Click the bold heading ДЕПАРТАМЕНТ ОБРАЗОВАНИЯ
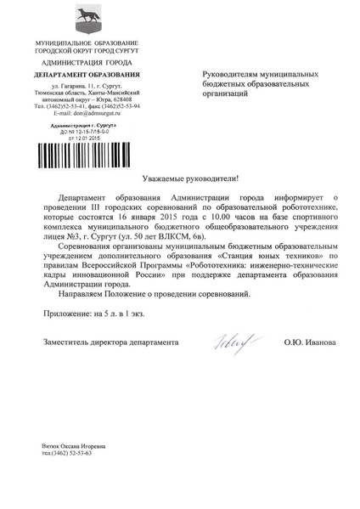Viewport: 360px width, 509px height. [x=84, y=76]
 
